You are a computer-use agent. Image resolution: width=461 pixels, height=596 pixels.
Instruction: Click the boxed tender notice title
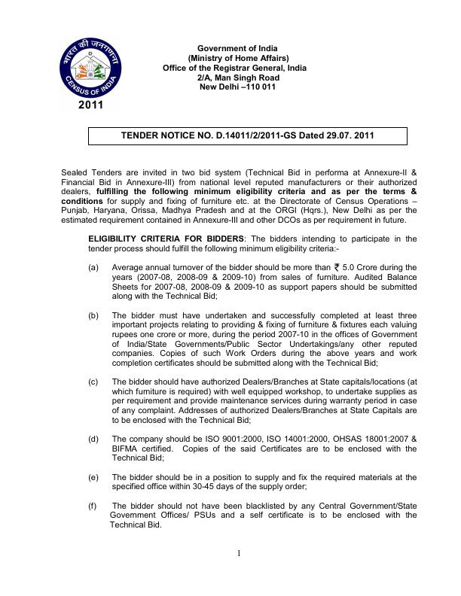pos(248,137)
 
